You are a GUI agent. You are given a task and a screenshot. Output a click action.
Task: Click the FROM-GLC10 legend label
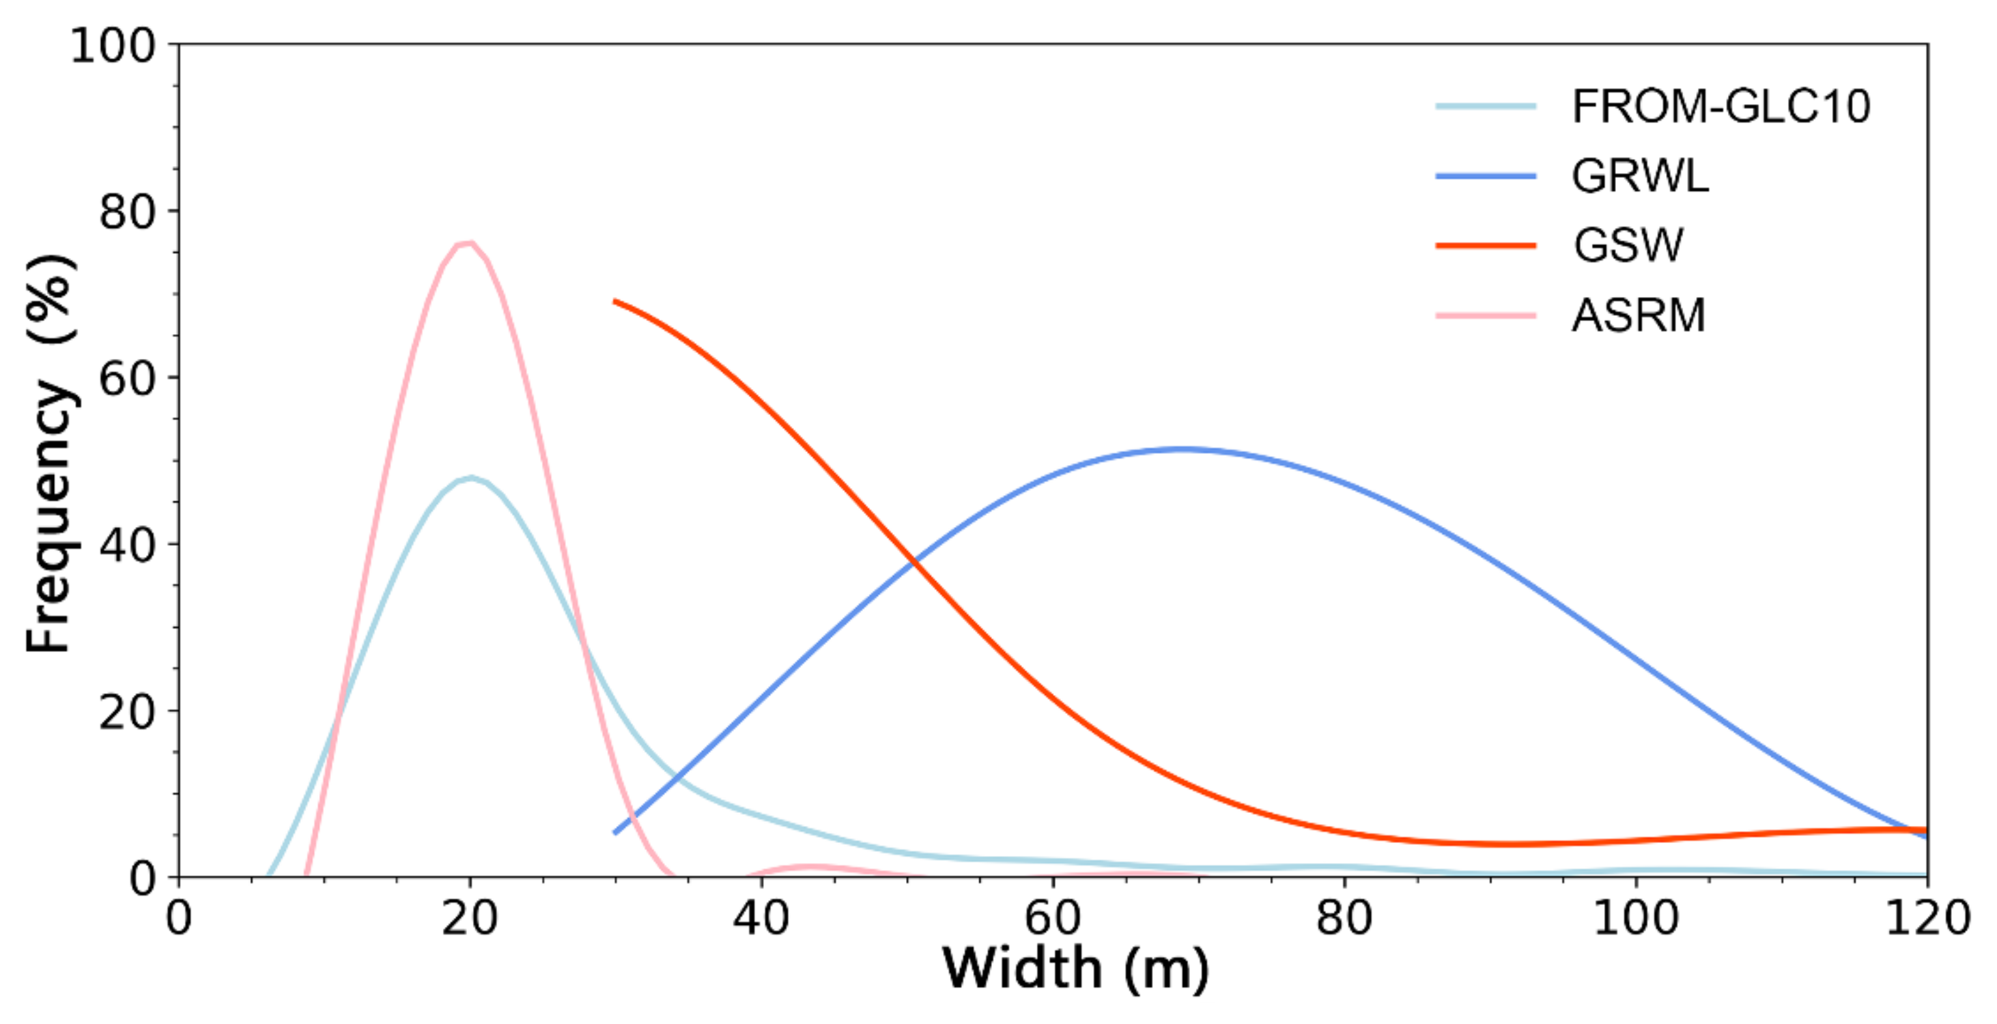1720,106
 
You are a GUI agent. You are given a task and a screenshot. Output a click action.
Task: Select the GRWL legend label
1639,176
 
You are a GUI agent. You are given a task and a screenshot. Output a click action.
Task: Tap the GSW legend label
1628,245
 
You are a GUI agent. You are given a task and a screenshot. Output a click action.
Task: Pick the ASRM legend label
1638,315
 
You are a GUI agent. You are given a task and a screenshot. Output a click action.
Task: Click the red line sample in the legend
1485,246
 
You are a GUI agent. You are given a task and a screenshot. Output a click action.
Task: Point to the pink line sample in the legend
1485,315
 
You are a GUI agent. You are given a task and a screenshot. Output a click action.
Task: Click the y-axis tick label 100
113,46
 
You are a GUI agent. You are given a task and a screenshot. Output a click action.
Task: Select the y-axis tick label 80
127,212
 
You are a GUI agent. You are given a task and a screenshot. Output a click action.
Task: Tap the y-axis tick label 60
127,379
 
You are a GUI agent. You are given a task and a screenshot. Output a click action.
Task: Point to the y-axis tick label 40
127,546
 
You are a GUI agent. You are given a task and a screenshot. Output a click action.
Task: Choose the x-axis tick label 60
1052,918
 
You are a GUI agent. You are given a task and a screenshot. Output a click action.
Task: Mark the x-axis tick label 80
1344,918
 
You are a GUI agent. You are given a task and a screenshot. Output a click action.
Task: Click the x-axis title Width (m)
1075,970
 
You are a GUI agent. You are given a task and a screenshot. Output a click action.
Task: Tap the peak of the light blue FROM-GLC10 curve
470,477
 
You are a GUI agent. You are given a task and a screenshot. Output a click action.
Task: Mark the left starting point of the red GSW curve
615,301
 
